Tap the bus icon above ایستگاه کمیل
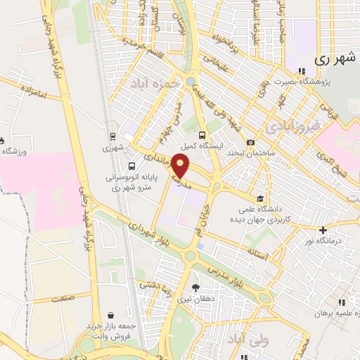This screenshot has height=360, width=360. pos(202,136)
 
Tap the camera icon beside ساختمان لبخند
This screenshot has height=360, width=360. pos(250,143)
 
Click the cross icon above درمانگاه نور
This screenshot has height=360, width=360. pos(323,230)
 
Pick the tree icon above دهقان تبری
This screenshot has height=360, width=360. pos(196,287)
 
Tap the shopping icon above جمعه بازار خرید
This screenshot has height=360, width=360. pos(110,316)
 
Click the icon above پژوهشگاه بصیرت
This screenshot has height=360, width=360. pos(302,70)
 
